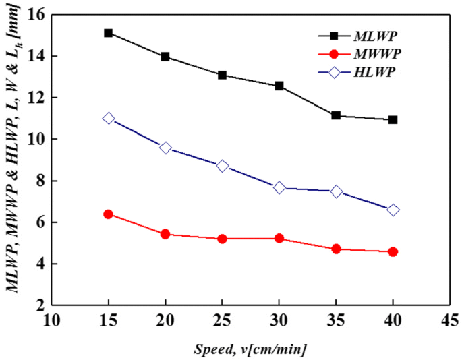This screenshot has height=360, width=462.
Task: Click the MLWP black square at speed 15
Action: (109, 33)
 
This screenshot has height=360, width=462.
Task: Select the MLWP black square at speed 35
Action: (336, 115)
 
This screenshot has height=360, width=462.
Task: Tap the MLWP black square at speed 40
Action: (393, 120)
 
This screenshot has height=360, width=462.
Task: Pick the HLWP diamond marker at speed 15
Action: (109, 119)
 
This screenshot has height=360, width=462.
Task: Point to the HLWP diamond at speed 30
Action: (279, 187)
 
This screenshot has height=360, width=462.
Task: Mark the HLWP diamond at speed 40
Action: (393, 210)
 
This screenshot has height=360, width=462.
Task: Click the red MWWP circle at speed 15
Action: (109, 214)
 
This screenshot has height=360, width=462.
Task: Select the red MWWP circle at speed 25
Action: (223, 239)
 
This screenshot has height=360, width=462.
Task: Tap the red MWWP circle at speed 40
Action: (393, 251)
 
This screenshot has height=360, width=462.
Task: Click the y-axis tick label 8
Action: (38, 181)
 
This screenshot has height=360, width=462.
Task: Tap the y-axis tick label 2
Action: (38, 305)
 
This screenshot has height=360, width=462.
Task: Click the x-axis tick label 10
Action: (52, 320)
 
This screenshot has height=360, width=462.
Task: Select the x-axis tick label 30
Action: (279, 320)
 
